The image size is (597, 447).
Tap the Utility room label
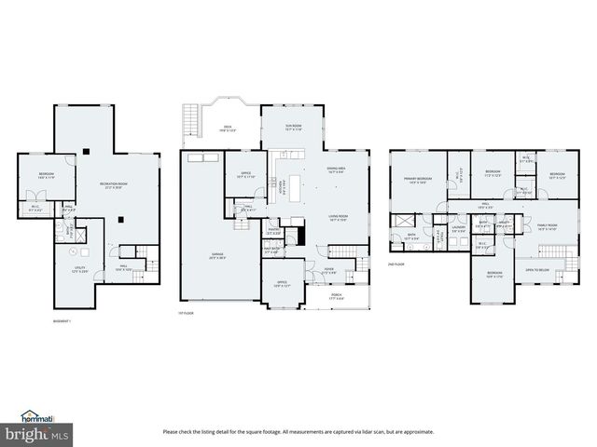point(80,270)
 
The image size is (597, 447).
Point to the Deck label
point(227,130)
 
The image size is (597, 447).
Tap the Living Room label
point(338,219)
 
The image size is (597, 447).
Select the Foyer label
point(329,271)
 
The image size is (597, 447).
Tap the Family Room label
point(547,225)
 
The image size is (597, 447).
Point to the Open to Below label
point(538,269)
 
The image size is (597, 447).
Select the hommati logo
point(39,417)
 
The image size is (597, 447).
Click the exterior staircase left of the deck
point(191,120)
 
